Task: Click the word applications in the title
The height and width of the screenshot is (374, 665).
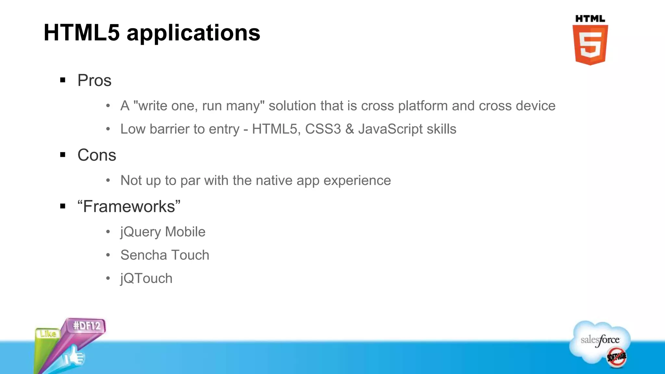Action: pyautogui.click(x=194, y=33)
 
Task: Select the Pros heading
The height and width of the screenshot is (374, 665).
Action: pyautogui.click(x=94, y=81)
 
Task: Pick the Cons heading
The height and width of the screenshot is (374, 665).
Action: pyautogui.click(x=97, y=155)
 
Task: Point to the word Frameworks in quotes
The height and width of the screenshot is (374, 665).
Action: pyautogui.click(x=129, y=206)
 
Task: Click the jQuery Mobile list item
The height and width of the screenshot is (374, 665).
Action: pyautogui.click(x=163, y=232)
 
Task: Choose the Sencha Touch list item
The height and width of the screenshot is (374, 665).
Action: pyautogui.click(x=165, y=255)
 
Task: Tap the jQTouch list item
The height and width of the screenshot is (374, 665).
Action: pyautogui.click(x=146, y=279)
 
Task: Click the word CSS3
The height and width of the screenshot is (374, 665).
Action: pyautogui.click(x=323, y=129)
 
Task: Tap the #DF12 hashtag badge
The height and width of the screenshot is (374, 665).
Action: pyautogui.click(x=87, y=326)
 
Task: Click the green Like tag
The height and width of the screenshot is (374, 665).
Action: pyautogui.click(x=48, y=334)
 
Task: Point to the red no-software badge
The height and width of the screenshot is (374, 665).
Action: pyautogui.click(x=617, y=357)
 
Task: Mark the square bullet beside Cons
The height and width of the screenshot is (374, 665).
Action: pyautogui.click(x=63, y=155)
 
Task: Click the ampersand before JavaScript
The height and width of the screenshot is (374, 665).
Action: pyautogui.click(x=349, y=129)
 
